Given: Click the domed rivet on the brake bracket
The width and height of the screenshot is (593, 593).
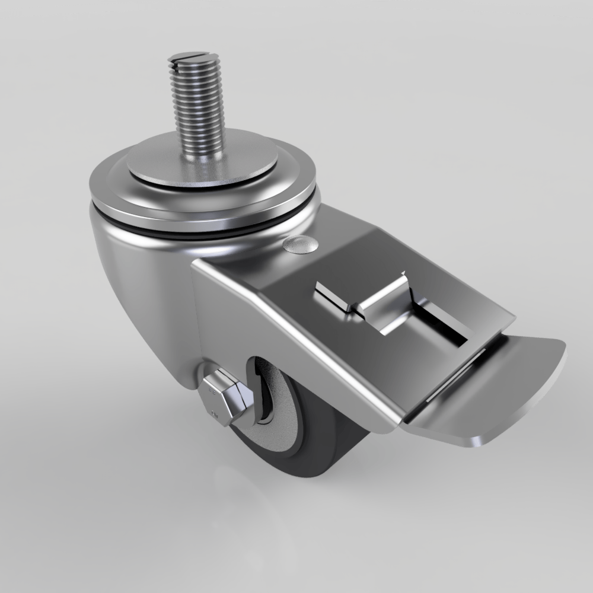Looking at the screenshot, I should click(300, 244).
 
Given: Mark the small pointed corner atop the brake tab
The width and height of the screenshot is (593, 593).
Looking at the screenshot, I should click(404, 274).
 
